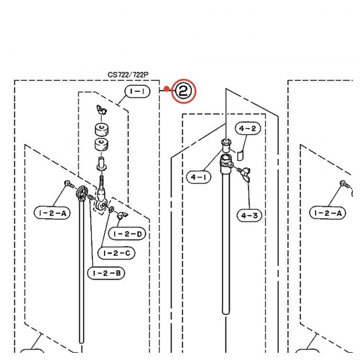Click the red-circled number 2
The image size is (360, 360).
(184, 91)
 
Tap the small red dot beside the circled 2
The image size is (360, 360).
(167, 89)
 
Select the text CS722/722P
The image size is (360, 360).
(128, 75)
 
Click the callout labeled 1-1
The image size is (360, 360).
(137, 92)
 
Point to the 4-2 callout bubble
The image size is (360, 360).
(247, 128)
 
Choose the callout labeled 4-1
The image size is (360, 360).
(198, 177)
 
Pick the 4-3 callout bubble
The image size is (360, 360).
(249, 215)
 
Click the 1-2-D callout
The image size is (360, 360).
(127, 234)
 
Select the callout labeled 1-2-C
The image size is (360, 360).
(117, 253)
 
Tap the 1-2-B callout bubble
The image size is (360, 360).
(106, 273)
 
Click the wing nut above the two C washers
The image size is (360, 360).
(101, 110)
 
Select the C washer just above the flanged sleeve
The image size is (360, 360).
(101, 145)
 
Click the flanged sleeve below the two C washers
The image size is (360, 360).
(101, 164)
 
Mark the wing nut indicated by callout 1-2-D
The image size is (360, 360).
(122, 215)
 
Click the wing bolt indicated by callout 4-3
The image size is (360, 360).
(245, 174)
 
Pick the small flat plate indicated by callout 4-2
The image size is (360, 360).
(240, 156)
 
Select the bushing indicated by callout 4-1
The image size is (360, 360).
(226, 145)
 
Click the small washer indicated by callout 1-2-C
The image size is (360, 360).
(111, 209)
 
